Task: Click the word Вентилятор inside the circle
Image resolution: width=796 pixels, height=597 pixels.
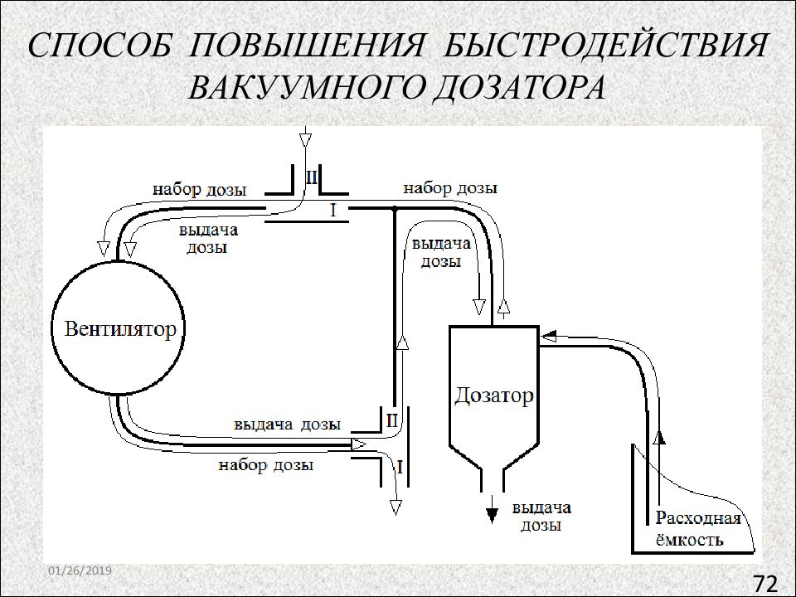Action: (x=119, y=329)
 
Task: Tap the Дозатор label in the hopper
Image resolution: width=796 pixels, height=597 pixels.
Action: (x=494, y=395)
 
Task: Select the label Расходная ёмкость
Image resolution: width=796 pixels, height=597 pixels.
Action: (x=698, y=528)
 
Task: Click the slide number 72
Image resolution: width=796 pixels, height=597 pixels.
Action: (x=765, y=583)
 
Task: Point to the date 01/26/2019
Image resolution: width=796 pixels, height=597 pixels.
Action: (x=80, y=570)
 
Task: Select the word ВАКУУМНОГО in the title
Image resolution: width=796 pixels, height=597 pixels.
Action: (x=304, y=87)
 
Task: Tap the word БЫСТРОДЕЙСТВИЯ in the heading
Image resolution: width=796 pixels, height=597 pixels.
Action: (x=604, y=45)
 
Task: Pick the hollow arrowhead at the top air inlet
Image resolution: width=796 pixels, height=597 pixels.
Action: (x=305, y=139)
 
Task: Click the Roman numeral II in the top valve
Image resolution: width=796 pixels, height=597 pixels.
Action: (x=311, y=177)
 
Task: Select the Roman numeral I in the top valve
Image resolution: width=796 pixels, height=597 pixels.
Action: (x=333, y=210)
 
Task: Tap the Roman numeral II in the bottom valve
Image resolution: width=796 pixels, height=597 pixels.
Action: (x=392, y=421)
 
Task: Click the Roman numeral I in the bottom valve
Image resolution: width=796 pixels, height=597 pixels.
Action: (x=400, y=467)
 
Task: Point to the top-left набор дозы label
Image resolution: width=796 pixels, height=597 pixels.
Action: (x=200, y=189)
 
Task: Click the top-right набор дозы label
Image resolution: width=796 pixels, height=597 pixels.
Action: (x=450, y=188)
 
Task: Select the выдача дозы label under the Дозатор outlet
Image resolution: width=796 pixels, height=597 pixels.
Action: (x=541, y=516)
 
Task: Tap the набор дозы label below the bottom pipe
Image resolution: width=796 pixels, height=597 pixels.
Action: (x=266, y=464)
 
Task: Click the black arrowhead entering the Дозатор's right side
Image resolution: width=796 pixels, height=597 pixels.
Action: (x=549, y=336)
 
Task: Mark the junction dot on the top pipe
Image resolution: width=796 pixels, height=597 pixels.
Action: (x=394, y=209)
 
